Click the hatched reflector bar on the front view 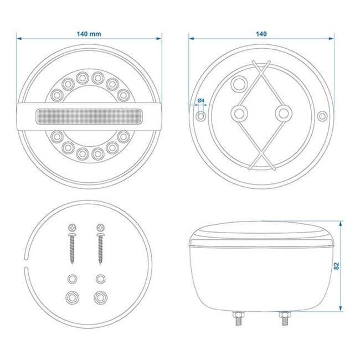click(x=90, y=117)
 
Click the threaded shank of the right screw click(x=101, y=249)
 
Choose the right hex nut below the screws click(x=100, y=297)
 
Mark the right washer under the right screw click(x=100, y=277)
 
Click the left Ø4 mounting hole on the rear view click(x=200, y=117)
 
